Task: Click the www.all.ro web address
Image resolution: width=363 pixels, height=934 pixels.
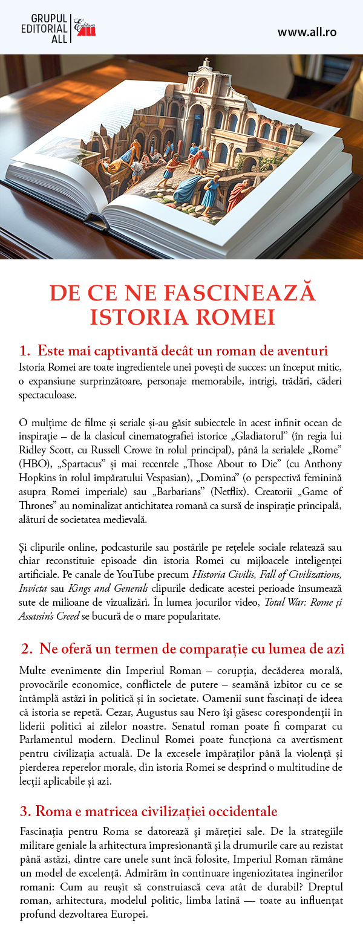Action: pos(307,32)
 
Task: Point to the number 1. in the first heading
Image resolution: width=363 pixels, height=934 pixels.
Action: pos(24,351)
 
